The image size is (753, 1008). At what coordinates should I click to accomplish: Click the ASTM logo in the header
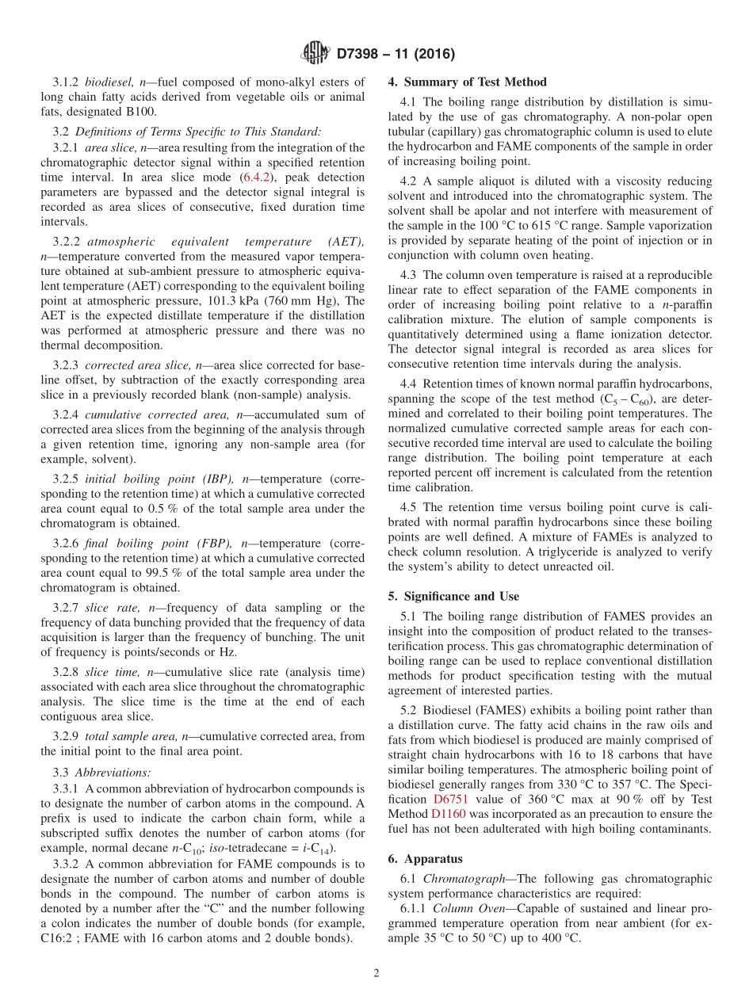click(x=315, y=54)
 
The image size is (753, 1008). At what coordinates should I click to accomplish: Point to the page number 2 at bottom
click(x=376, y=973)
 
